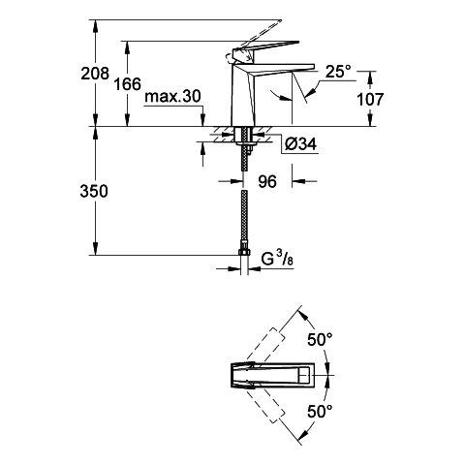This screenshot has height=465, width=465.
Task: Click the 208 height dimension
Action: pos(95,74)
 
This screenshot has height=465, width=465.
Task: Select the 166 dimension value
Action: pos(128,84)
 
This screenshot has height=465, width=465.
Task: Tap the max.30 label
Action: pos(173,96)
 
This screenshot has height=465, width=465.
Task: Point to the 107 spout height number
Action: pos(370,99)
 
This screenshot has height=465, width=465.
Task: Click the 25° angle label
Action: pos(338,72)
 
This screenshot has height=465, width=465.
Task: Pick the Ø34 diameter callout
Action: pos(301,144)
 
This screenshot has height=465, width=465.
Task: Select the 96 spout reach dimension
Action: pos(267,181)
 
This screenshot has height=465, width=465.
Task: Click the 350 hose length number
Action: pos(94,191)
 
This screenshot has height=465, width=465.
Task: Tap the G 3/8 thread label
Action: pos(277,260)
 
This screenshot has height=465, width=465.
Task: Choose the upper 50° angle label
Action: pos(320,340)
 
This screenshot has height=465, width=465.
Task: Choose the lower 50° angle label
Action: pos(320,412)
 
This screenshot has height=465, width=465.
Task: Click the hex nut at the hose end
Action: pos(244,252)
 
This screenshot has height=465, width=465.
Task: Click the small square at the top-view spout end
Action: pos(304,376)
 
